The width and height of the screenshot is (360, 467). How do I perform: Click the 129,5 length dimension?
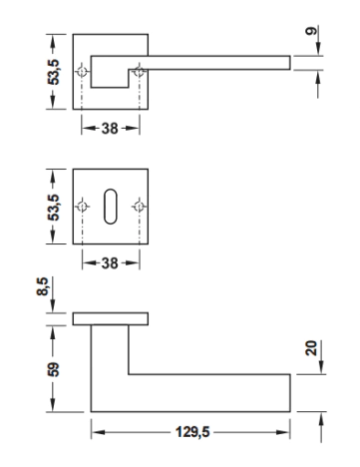click(192, 432)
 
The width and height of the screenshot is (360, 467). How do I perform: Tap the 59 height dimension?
click(53, 369)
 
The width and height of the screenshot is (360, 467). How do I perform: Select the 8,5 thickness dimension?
click(43, 286)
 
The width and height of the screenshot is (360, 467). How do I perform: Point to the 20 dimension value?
click(311, 348)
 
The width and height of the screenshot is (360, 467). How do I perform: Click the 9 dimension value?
click(311, 31)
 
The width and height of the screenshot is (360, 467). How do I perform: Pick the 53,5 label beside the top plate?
click(53, 72)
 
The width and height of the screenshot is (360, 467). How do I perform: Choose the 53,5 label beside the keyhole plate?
click(53, 208)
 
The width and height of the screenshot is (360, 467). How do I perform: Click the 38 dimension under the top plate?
click(110, 128)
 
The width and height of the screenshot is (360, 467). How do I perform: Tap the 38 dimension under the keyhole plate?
click(110, 263)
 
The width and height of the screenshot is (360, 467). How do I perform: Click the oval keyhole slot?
click(111, 207)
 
